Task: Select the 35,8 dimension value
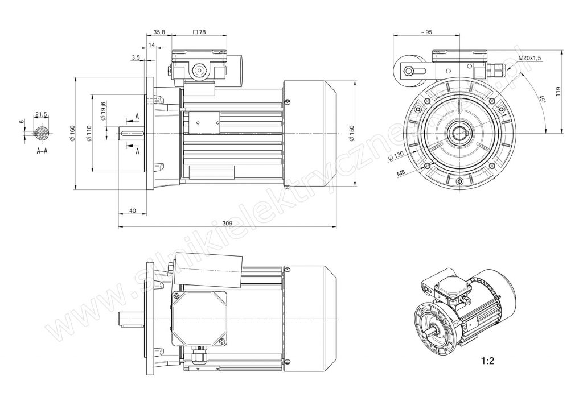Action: [159, 32]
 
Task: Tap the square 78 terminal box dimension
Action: [199, 32]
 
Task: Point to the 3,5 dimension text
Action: [136, 58]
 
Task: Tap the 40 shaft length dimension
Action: [132, 211]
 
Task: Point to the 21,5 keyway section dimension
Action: [41, 115]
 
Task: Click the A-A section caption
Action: [42, 152]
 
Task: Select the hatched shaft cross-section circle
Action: [41, 134]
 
